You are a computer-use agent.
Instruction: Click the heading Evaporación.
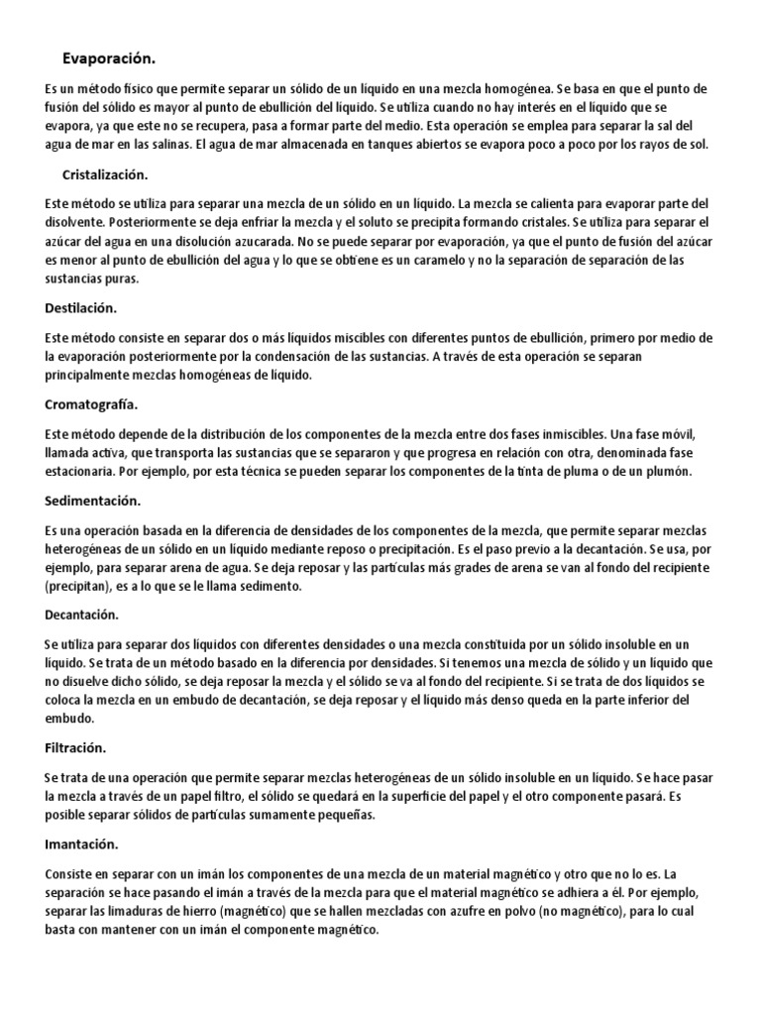[x=109, y=57]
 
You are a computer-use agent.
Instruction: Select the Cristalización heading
[x=104, y=174]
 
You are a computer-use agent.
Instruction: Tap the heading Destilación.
[x=81, y=308]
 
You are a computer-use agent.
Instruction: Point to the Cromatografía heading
[x=91, y=404]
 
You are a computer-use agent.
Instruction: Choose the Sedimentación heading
[x=93, y=501]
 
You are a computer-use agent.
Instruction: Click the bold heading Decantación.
[x=82, y=616]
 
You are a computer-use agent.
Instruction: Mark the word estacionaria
[x=80, y=471]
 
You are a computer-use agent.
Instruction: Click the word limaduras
[x=134, y=912]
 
